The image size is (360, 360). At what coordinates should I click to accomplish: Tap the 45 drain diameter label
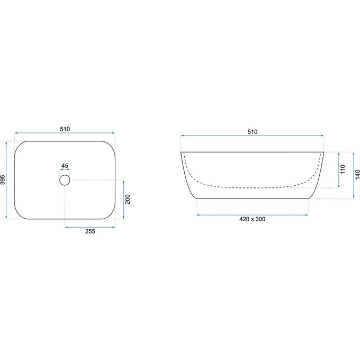click(x=65, y=166)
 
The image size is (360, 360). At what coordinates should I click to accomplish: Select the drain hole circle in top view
click(x=65, y=180)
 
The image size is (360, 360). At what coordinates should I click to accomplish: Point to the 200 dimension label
click(x=128, y=199)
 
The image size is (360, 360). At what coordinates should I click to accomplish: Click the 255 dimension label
click(x=90, y=231)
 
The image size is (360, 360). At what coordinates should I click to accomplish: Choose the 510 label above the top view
click(x=65, y=129)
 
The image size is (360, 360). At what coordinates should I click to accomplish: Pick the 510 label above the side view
click(x=253, y=132)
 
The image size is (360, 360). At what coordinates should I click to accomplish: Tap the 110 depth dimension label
click(x=343, y=169)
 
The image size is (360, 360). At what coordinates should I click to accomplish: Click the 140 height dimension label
click(x=357, y=175)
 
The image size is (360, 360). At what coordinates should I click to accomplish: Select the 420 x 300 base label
click(x=253, y=219)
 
